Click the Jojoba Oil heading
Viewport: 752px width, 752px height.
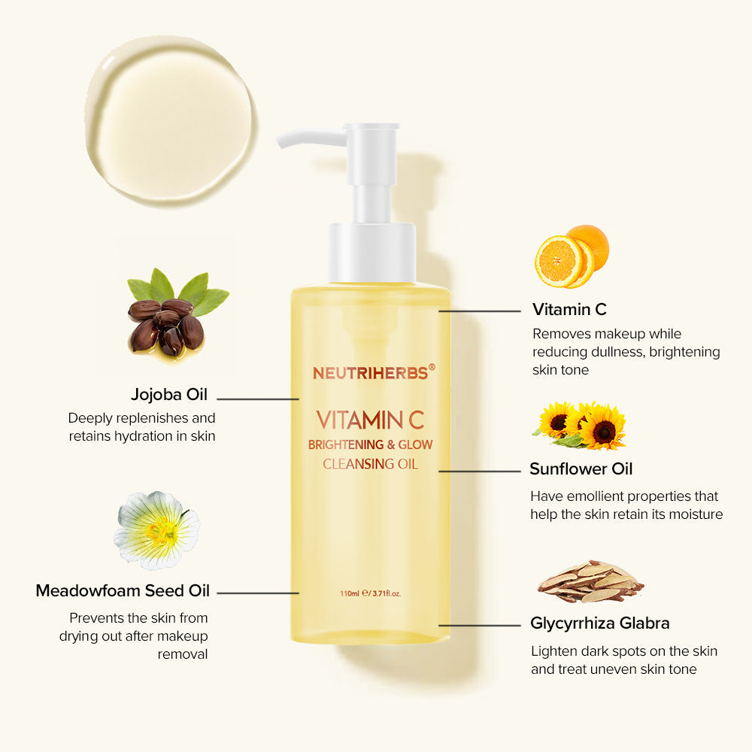click(169, 395)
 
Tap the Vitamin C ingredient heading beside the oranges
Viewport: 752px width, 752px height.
click(569, 309)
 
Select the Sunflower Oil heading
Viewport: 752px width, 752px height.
click(581, 469)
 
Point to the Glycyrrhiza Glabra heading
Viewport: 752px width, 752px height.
click(600, 623)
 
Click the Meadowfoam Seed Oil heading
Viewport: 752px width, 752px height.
click(121, 591)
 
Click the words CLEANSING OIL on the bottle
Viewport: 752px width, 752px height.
click(370, 464)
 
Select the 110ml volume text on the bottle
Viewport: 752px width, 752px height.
click(350, 593)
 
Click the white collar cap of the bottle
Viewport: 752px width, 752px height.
click(371, 252)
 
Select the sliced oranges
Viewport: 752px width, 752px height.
click(571, 256)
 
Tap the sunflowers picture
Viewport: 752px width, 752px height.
click(580, 426)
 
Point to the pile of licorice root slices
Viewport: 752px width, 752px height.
click(590, 581)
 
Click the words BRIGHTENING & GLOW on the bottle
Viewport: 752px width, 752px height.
click(370, 444)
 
